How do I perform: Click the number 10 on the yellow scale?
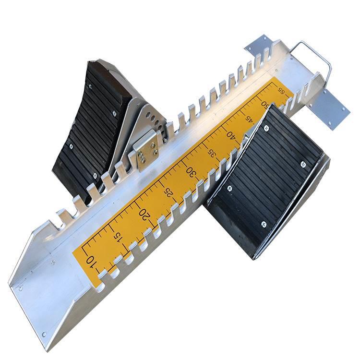[x=90, y=262]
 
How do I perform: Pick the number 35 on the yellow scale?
[x=212, y=153]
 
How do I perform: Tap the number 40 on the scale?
[x=231, y=134]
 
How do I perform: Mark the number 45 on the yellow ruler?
[x=248, y=119]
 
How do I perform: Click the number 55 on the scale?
[x=281, y=90]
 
